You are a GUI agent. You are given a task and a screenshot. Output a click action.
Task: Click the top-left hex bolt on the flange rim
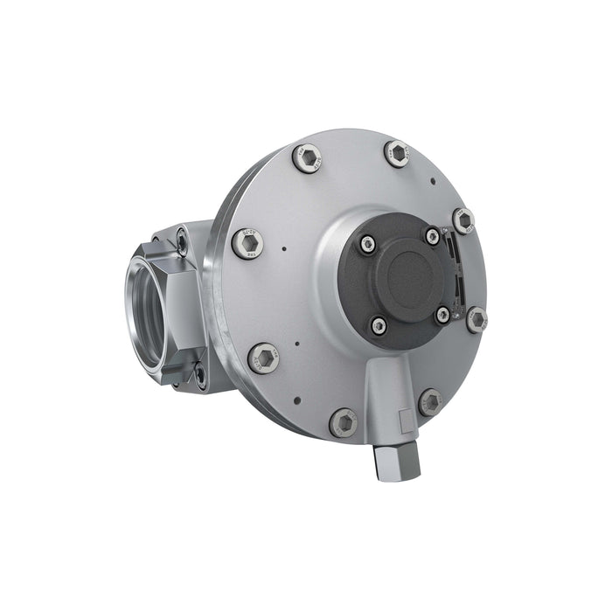tap(306, 158)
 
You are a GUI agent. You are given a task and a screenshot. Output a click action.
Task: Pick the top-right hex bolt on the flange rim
tap(397, 154)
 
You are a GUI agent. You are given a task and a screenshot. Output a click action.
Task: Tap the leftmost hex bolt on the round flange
tap(247, 243)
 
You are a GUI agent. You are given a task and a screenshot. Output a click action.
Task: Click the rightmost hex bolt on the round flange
tap(476, 319)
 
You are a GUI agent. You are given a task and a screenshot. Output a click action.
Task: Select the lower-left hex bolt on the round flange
tap(263, 358)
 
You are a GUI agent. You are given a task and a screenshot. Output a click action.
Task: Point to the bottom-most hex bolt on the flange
tap(344, 422)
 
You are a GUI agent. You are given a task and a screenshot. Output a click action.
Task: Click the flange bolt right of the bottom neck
tap(430, 402)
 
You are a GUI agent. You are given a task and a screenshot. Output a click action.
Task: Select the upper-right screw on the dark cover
tap(433, 236)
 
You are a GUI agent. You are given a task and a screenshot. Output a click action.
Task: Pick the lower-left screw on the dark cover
tap(379, 326)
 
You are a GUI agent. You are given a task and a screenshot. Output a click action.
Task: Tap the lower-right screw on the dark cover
tap(443, 315)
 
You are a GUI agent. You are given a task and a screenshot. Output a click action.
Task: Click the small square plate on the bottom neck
tap(404, 421)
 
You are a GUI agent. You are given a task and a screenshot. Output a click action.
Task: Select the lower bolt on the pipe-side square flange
tap(200, 373)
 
